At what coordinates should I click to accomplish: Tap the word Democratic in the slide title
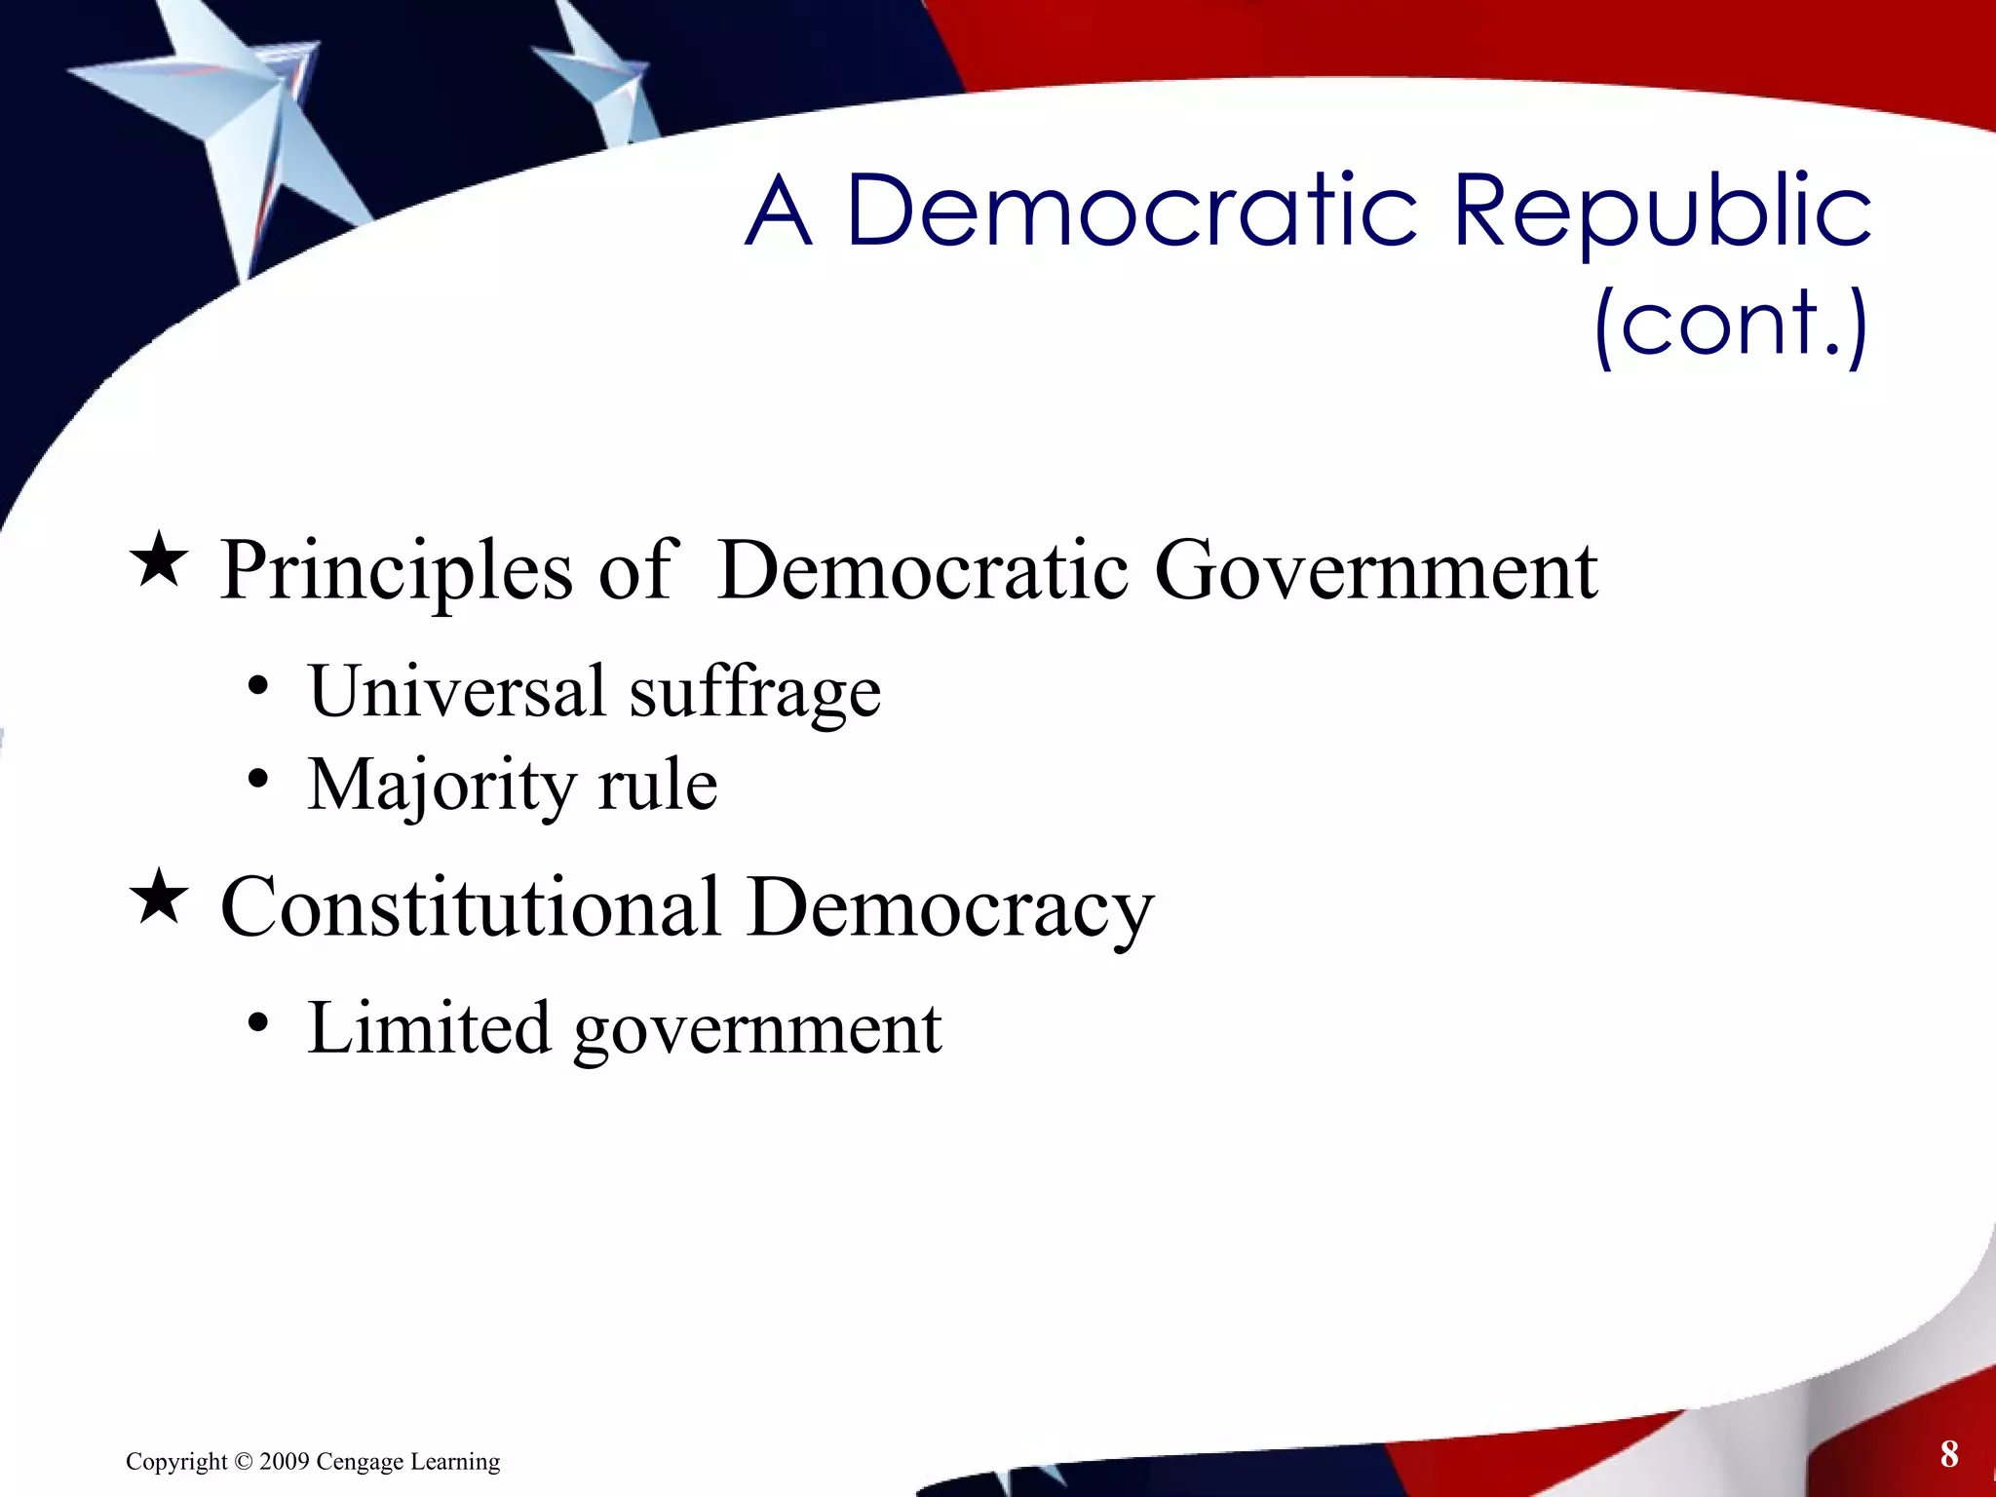click(x=1131, y=211)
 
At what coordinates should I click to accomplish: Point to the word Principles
click(x=396, y=571)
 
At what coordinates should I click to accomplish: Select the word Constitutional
click(x=471, y=906)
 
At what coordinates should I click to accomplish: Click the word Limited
click(x=429, y=1027)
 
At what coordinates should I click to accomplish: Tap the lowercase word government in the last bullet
click(x=757, y=1031)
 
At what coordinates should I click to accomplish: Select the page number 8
click(x=1948, y=1453)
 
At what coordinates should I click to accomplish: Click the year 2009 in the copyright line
click(x=285, y=1462)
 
